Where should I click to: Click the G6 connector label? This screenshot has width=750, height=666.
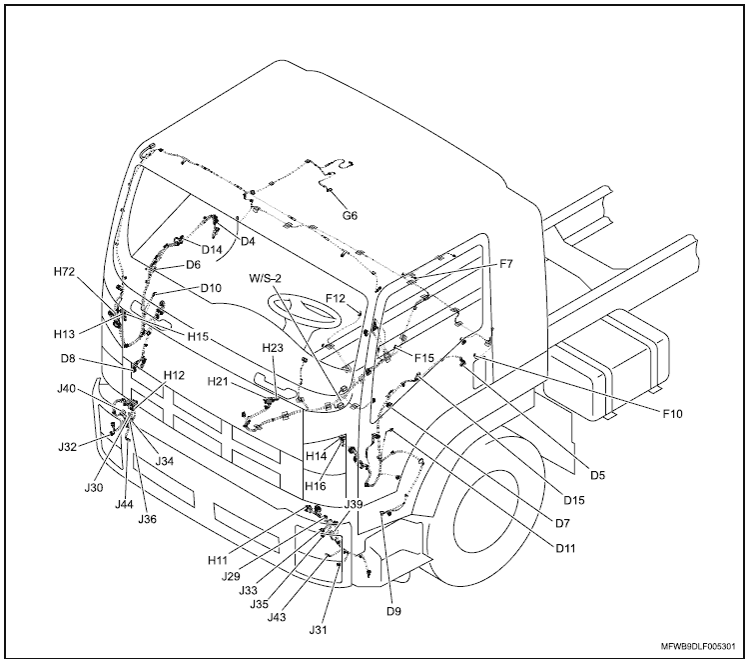[x=350, y=215]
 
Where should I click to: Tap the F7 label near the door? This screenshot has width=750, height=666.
[x=506, y=264]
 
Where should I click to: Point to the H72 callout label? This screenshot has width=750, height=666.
[x=66, y=272]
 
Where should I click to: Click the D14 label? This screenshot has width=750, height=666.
[x=212, y=249]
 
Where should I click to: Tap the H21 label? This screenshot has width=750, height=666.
[x=220, y=381]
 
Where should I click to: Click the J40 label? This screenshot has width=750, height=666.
[x=68, y=388]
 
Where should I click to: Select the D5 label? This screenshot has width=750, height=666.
[x=597, y=475]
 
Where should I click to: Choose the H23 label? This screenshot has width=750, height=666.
[x=274, y=347]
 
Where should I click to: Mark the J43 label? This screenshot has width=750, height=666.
[x=280, y=616]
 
